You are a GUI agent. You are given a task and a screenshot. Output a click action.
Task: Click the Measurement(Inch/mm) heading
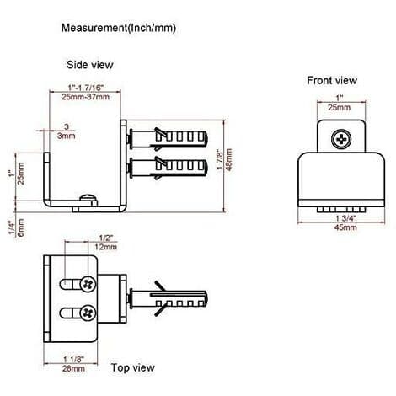click(119, 28)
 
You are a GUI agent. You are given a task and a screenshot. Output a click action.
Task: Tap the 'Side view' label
click(90, 65)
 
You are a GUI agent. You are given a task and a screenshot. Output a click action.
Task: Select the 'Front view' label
click(332, 81)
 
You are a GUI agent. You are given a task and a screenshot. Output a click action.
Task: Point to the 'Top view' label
click(133, 367)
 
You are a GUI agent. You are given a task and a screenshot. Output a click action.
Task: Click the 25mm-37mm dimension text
click(85, 97)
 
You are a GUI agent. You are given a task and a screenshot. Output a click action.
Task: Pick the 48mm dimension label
click(229, 159)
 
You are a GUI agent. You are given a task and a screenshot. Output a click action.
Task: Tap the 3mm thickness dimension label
click(67, 136)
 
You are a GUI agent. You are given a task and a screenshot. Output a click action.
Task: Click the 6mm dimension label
click(21, 227)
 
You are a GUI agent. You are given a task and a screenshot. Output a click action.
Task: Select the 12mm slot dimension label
click(105, 247)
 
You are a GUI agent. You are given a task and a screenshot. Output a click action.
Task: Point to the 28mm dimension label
click(73, 368)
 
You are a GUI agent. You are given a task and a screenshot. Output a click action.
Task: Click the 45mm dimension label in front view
click(345, 227)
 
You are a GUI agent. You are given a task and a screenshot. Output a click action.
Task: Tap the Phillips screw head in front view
click(341, 139)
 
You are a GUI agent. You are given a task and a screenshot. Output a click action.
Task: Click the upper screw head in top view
click(88, 284)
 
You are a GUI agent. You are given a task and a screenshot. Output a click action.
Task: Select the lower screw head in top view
click(88, 313)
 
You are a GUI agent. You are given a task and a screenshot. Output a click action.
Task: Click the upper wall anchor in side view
click(168, 138)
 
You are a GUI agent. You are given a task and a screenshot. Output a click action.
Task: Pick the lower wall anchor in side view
click(168, 168)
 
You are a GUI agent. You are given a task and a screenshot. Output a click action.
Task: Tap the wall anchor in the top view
click(168, 298)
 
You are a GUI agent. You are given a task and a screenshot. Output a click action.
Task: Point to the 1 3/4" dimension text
click(345, 218)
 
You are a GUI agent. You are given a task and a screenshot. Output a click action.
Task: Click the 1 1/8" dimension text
click(73, 359)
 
